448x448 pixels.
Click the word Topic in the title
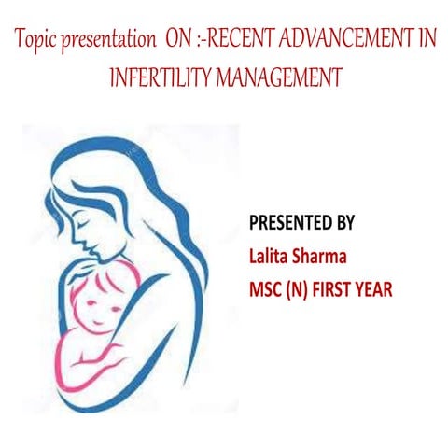tap(36, 41)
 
